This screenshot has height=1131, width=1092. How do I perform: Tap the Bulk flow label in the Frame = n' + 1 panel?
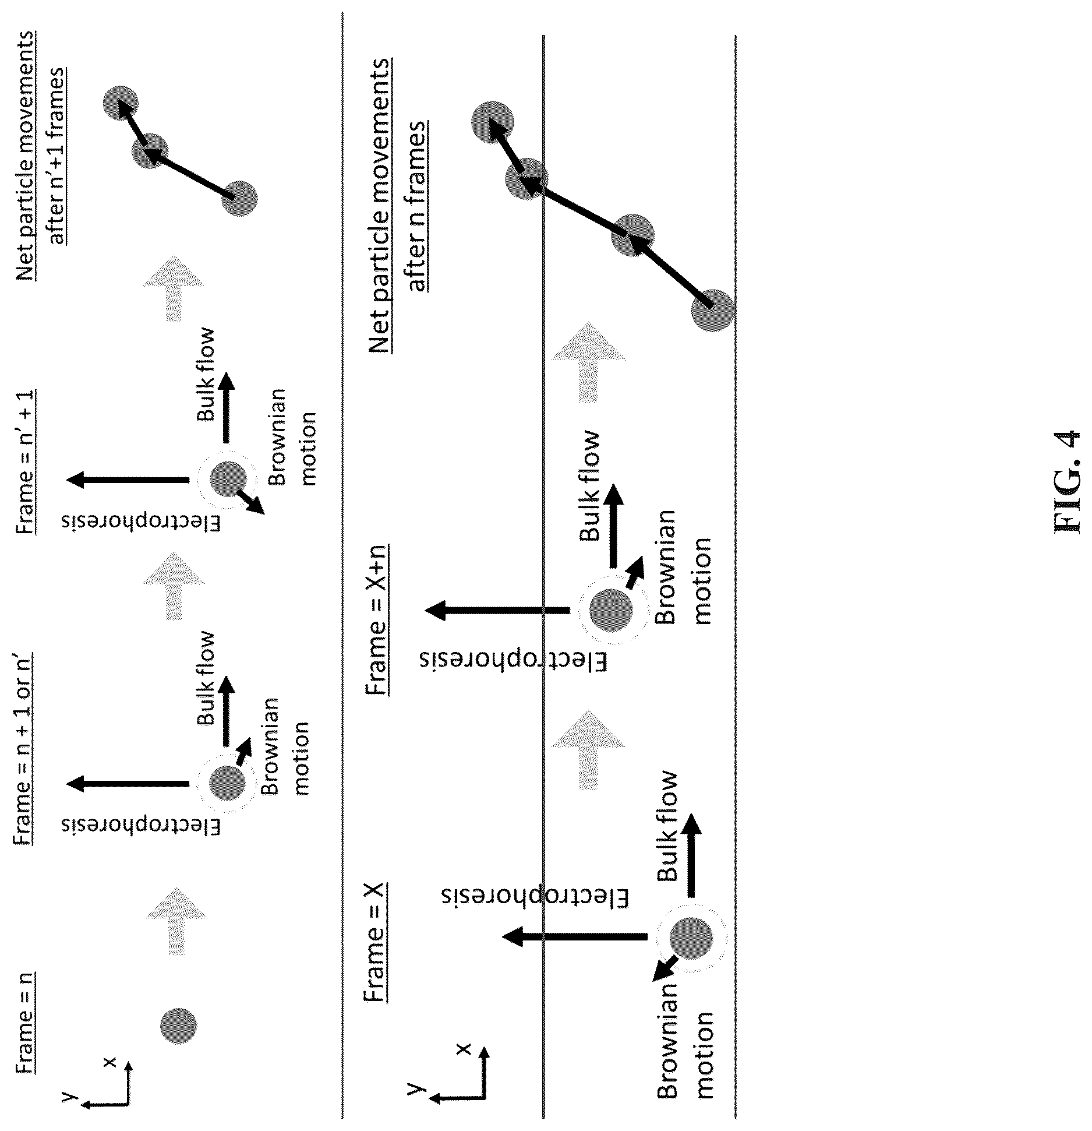point(206,375)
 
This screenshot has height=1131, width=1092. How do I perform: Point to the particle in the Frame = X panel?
point(691,938)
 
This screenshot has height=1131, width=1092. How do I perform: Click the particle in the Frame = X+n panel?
point(611,610)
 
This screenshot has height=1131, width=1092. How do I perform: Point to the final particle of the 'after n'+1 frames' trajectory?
point(121,104)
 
